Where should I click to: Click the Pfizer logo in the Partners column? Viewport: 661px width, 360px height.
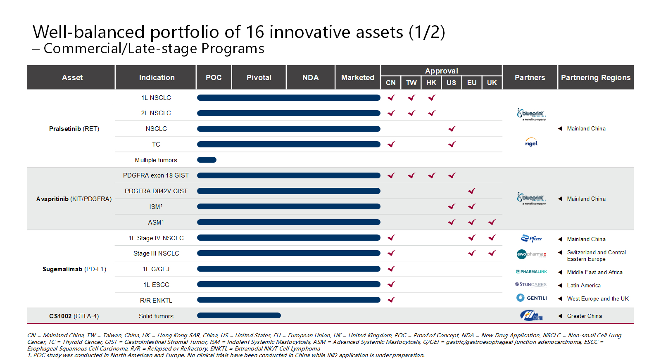pos(531,239)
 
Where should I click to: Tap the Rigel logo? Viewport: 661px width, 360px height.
pos(531,142)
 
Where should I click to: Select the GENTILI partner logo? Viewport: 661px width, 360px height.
pos(531,298)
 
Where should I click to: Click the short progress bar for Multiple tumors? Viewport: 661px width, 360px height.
pos(207,160)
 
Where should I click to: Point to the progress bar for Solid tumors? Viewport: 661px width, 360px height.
pos(239,315)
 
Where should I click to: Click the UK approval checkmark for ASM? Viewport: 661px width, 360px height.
pos(492,222)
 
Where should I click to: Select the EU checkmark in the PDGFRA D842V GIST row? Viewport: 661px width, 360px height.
pos(471,191)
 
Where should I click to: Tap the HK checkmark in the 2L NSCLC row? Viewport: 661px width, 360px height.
pos(431,113)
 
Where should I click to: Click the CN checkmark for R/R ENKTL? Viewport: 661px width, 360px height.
pos(391,300)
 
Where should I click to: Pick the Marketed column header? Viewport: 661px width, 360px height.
pos(357,78)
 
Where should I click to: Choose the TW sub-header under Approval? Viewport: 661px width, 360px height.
pos(411,83)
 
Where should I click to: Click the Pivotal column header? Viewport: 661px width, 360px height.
pos(259,78)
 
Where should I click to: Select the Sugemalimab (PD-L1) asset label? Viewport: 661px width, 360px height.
pos(74,269)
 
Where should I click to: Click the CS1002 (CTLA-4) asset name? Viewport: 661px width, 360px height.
pos(74,316)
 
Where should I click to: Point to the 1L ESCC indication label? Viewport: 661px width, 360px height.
pos(156,285)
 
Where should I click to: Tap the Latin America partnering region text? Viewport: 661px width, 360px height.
pos(583,285)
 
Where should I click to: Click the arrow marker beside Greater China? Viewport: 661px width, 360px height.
pos(560,316)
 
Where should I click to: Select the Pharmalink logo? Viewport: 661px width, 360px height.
pos(531,272)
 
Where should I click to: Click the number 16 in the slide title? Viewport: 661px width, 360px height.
pos(255,32)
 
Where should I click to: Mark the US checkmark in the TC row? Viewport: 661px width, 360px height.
pos(452,144)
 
